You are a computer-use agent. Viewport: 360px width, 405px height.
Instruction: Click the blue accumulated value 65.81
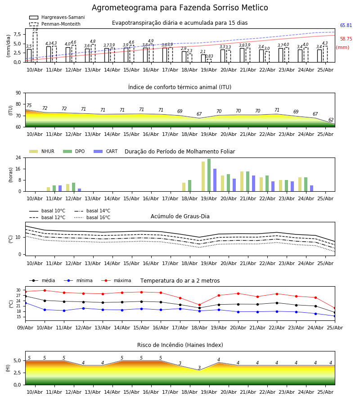click(x=346, y=25)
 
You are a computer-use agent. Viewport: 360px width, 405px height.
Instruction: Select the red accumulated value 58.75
click(x=346, y=39)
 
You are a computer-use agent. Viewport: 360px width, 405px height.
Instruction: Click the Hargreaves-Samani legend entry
click(x=57, y=17)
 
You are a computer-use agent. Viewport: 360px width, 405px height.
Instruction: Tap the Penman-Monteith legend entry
click(x=55, y=24)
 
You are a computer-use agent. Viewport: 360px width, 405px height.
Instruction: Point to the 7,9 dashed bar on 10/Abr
click(x=35, y=47)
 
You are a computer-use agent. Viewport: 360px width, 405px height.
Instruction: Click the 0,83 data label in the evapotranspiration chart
click(x=209, y=56)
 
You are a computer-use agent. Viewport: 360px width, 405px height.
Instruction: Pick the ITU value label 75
click(x=29, y=105)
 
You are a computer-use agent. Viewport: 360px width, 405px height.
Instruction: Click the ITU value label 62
click(x=331, y=120)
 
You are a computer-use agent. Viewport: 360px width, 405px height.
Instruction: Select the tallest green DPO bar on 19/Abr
click(x=209, y=175)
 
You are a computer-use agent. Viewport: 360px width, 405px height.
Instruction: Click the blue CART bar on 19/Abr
click(x=215, y=180)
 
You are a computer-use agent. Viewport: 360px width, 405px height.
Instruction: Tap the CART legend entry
click(x=106, y=151)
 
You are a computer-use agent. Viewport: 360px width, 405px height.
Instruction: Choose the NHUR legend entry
click(x=42, y=151)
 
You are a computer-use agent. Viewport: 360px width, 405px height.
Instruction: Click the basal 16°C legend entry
click(x=92, y=217)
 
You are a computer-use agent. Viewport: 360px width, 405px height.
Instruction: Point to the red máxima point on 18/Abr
click(x=199, y=305)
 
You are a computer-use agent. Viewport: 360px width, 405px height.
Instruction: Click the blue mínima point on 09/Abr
click(x=25, y=303)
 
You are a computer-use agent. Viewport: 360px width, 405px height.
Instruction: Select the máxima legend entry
click(x=116, y=280)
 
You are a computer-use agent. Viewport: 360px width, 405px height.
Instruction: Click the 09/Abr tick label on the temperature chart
click(x=25, y=328)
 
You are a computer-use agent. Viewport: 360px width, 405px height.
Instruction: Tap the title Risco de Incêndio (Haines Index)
click(x=180, y=345)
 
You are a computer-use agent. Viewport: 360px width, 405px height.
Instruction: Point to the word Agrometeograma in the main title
click(x=125, y=8)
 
